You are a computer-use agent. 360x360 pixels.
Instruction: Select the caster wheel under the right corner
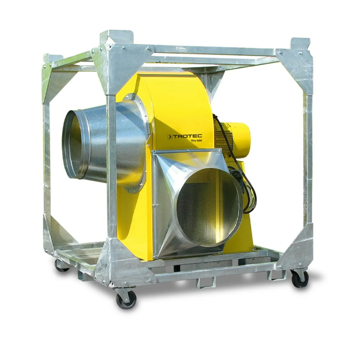300,278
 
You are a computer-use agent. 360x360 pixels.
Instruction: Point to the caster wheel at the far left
61,265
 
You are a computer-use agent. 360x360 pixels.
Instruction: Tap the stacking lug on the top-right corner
300,43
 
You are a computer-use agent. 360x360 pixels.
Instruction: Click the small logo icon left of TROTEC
170,136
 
